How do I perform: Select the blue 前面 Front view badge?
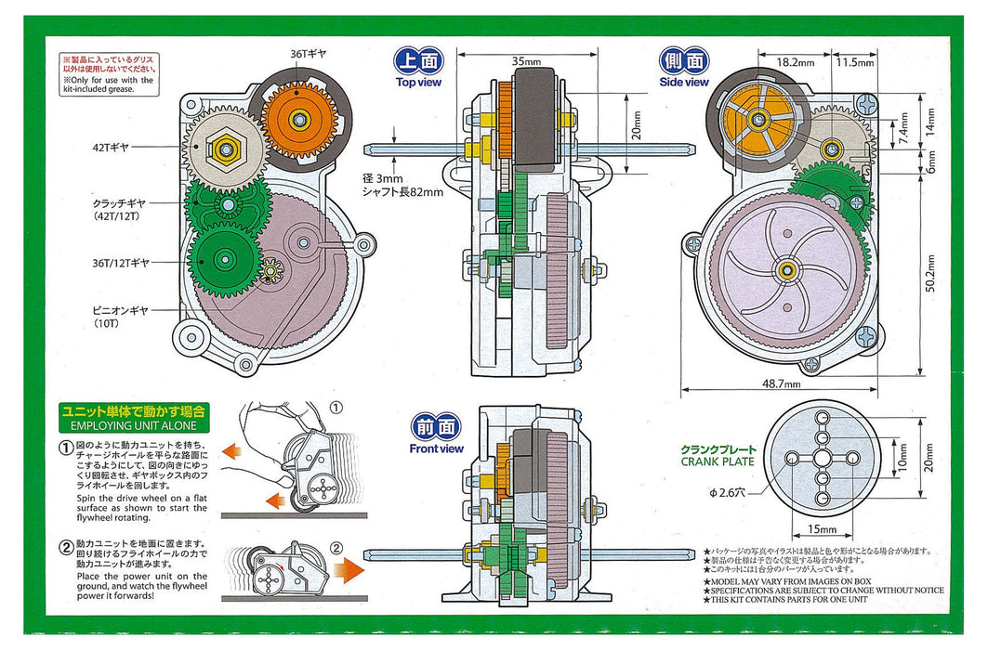point(436,428)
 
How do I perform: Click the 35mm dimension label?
point(526,61)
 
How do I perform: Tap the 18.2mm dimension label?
point(795,62)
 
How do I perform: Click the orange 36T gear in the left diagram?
point(298,119)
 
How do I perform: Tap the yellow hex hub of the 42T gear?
point(224,147)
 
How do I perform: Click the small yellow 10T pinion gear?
point(272,271)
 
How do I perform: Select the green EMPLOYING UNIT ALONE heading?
point(134,417)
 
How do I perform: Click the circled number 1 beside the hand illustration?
point(336,406)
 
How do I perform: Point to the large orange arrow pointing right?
point(350,568)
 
